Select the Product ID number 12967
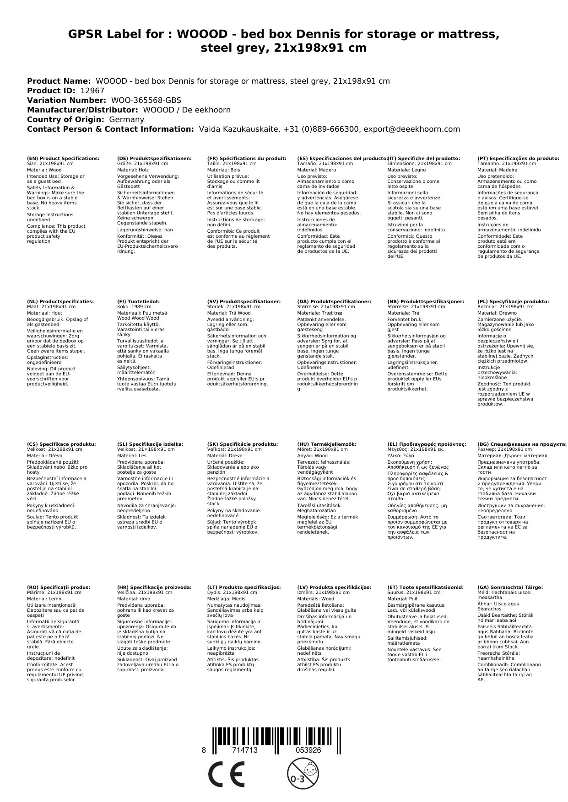[x=92, y=91]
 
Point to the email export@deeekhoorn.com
[x=411, y=129]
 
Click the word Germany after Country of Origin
[x=127, y=119]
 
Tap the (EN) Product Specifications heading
[x=63, y=158]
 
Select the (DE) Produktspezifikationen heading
[x=154, y=158]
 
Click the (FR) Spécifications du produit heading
[x=247, y=158]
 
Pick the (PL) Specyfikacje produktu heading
[x=513, y=302]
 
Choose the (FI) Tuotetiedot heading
[x=138, y=302]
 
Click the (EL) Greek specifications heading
[x=427, y=444]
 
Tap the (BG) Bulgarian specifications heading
[x=522, y=444]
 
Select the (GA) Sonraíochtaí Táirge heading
[x=510, y=587]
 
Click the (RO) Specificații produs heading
[x=59, y=587]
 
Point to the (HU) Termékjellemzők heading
[x=326, y=444]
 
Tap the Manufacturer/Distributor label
[x=82, y=110]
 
